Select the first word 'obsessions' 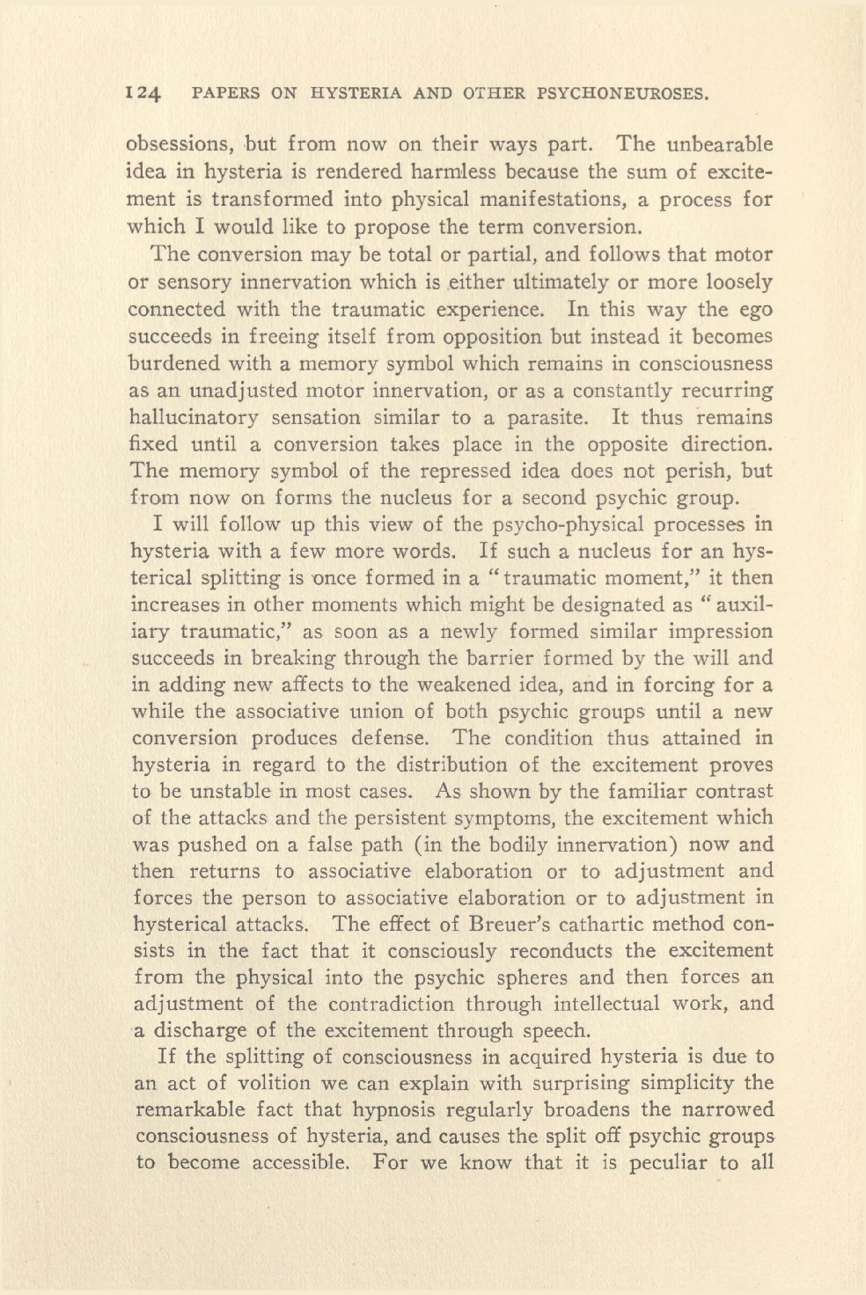[179, 143]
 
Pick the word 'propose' [389, 226]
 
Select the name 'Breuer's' [512, 925]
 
